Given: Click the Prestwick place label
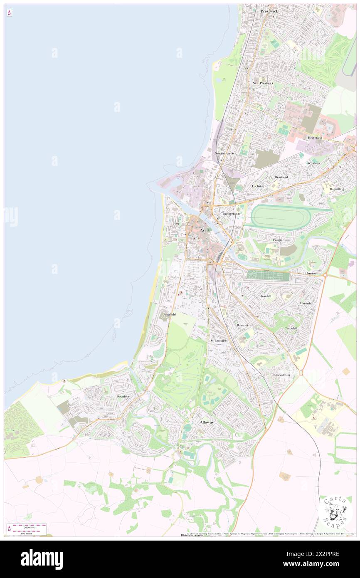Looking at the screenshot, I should pos(269,11).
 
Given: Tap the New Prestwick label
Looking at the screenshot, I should pos(263,83).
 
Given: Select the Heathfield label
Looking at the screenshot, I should pos(315,138).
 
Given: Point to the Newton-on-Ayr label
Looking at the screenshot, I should pos(225,153).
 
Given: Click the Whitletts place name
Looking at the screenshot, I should pos(314,163).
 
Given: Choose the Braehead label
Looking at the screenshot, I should pos(281,177).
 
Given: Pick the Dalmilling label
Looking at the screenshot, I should pos(337,189).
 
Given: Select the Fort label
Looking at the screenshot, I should pos(176,224).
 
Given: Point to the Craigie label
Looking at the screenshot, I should pos(277,240).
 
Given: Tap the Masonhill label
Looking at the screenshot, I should pos(306,304).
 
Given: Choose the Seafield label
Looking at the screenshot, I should pos(170,314).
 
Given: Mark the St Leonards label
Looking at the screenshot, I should pos(219,341).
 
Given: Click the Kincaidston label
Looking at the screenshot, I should pos(281,375).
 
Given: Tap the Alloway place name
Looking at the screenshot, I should pos(207,422).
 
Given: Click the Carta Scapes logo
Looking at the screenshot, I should pos(335,511).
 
